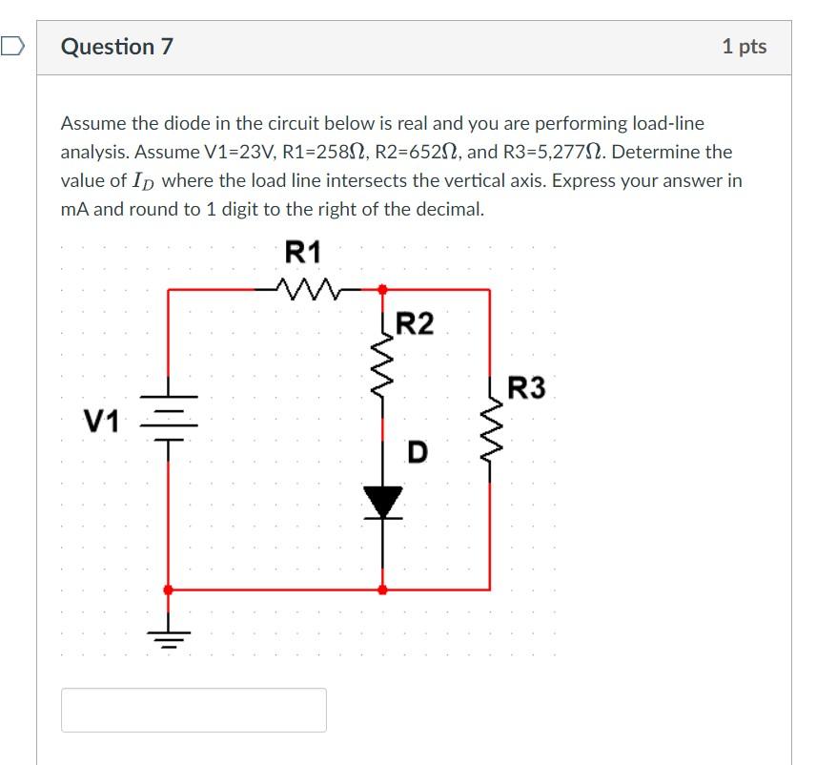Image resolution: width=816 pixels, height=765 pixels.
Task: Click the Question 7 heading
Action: [x=117, y=47]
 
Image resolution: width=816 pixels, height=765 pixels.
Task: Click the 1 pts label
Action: [x=744, y=47]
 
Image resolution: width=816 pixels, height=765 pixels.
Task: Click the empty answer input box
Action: [x=194, y=710]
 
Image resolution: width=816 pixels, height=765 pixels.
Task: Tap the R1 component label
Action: [x=303, y=253]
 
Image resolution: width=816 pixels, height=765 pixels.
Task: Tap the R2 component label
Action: [x=414, y=324]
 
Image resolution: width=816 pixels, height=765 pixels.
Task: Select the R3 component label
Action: [x=526, y=388]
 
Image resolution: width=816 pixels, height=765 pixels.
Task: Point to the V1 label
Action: [x=101, y=421]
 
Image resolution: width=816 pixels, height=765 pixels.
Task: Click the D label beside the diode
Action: [x=417, y=451]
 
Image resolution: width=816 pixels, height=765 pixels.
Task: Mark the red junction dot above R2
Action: [x=383, y=288]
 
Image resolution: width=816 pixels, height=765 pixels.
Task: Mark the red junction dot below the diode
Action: [x=383, y=589]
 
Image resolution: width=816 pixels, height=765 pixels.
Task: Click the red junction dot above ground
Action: [x=169, y=589]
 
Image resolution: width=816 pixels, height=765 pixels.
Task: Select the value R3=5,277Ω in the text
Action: [x=627, y=152]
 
